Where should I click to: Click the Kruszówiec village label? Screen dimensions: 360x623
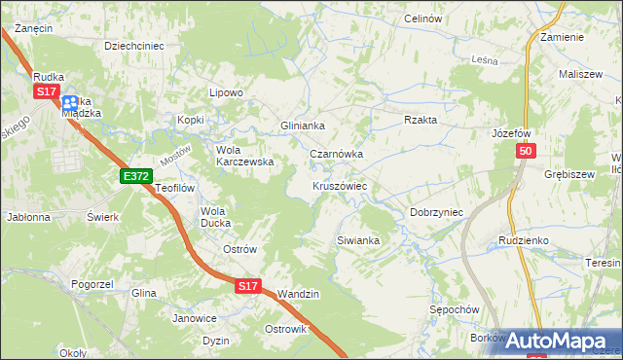point(339,185)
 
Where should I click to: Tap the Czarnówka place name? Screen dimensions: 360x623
point(336,154)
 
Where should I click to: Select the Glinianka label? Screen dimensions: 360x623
point(302,126)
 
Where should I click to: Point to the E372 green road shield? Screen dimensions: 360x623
point(135,175)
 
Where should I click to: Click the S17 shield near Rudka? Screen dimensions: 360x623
point(46,90)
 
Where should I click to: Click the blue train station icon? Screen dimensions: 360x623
point(71,101)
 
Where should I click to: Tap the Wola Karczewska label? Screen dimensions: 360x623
point(243,156)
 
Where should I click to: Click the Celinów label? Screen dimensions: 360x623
point(423,18)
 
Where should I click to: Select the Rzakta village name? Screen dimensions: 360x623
point(421,120)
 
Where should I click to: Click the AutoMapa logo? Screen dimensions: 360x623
point(556,341)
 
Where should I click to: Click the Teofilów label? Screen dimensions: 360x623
point(176,188)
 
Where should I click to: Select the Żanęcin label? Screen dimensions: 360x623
point(33,28)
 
